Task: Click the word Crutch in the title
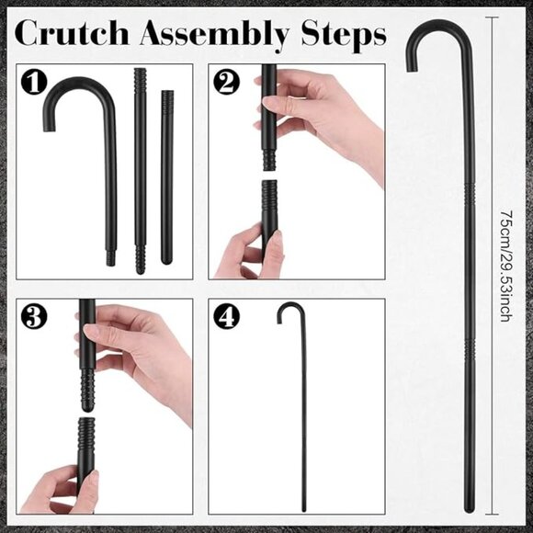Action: pos(72,33)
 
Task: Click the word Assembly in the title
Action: pos(214,35)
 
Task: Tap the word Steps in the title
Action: pos(344,35)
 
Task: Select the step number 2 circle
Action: pos(226,82)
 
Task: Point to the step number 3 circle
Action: pos(34,316)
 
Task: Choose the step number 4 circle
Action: pos(226,316)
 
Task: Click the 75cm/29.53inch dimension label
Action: pos(506,266)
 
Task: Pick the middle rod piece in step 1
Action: pos(140,171)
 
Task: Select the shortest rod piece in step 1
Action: pos(166,177)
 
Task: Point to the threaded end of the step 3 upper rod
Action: pos(87,391)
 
